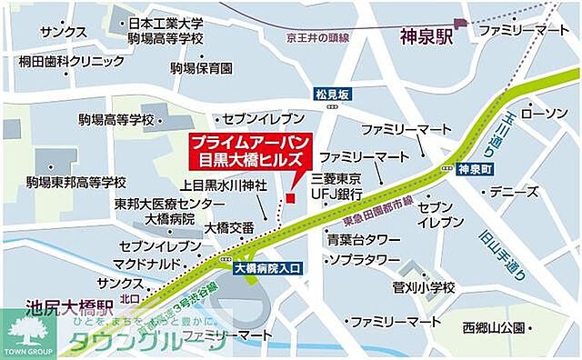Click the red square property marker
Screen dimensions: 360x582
point(290,197)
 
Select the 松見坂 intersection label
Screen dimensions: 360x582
point(332,94)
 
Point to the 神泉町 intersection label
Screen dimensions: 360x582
point(476,169)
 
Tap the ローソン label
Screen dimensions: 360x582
point(543,114)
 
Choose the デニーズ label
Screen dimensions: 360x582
point(514,192)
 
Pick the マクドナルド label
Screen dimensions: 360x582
point(145,265)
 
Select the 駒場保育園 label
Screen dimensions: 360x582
point(202,68)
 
